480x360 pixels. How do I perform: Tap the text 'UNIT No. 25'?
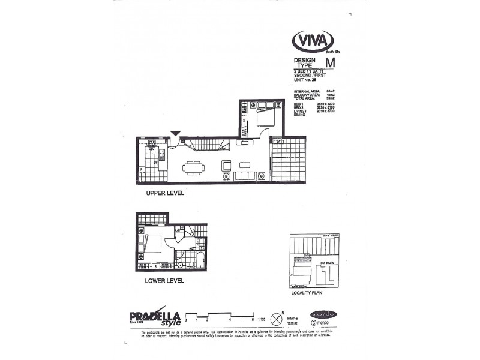[x=305, y=80]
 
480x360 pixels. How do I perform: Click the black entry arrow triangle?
[x=175, y=134]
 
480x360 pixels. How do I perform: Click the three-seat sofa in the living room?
[x=245, y=176]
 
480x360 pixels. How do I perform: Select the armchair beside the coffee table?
[x=226, y=165]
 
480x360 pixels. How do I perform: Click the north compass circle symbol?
[x=277, y=316]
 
